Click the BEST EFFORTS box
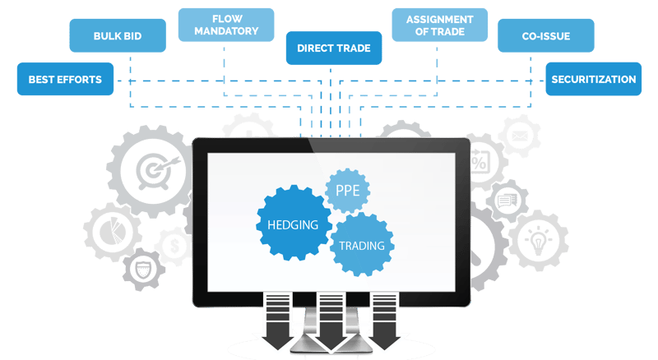point(65,80)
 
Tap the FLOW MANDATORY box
point(225,25)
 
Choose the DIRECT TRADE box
point(334,48)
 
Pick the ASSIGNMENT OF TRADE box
point(439,25)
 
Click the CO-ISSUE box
point(545,36)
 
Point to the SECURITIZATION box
point(593,80)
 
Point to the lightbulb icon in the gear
point(538,242)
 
